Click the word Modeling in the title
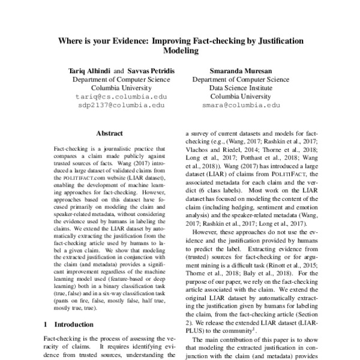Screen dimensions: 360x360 [180, 51]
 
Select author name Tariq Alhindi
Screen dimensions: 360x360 [89, 70]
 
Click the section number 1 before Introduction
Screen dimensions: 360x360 [46, 323]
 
